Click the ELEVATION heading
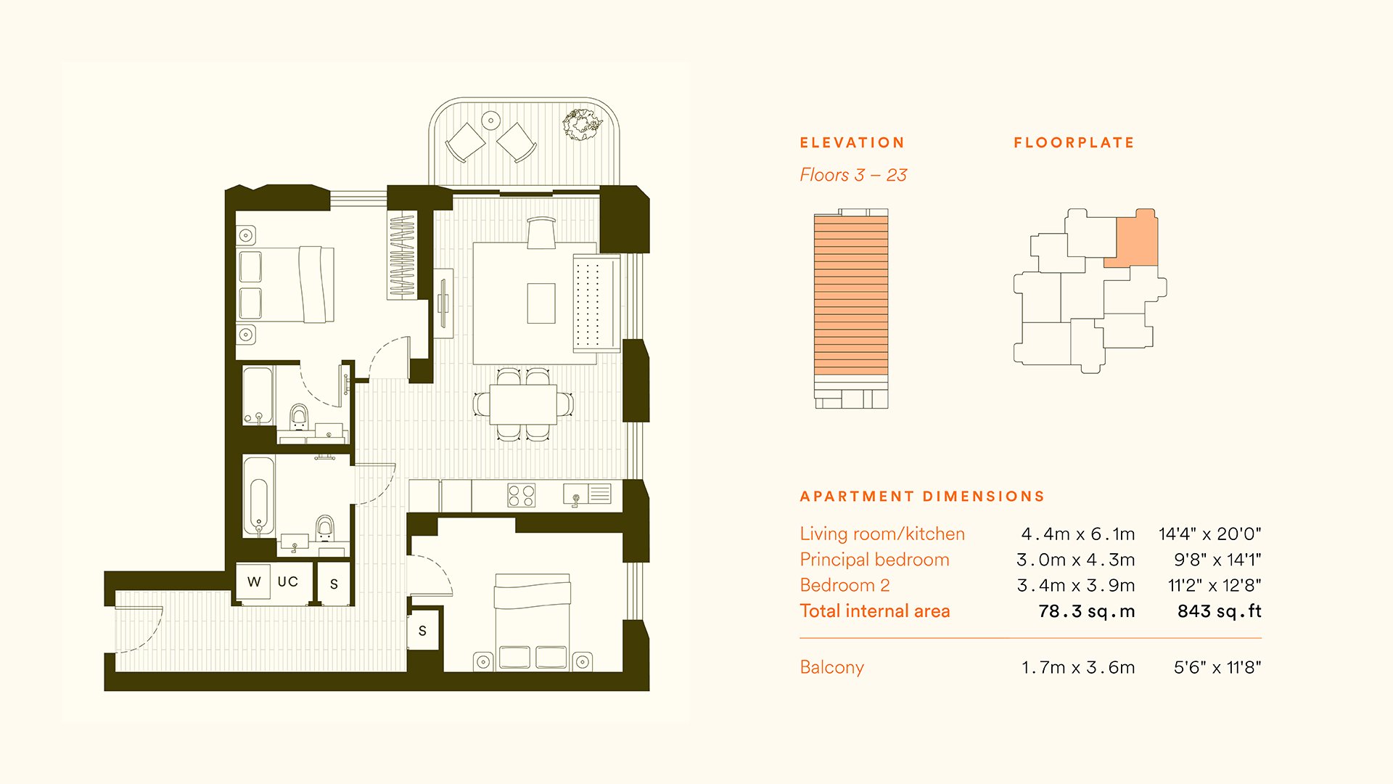click(852, 143)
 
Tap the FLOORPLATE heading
click(1074, 143)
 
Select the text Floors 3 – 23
click(853, 175)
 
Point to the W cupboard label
click(254, 581)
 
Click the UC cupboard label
click(288, 581)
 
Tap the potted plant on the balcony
click(582, 125)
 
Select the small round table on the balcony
click(491, 120)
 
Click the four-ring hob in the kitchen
click(522, 496)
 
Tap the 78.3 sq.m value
click(1086, 611)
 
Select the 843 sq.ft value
click(1219, 611)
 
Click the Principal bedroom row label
click(874, 560)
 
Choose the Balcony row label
click(831, 668)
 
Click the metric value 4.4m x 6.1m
click(1077, 534)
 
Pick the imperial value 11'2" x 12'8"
click(1215, 585)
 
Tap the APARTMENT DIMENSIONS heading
click(922, 497)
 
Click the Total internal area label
click(875, 611)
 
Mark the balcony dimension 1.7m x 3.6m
click(1078, 668)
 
